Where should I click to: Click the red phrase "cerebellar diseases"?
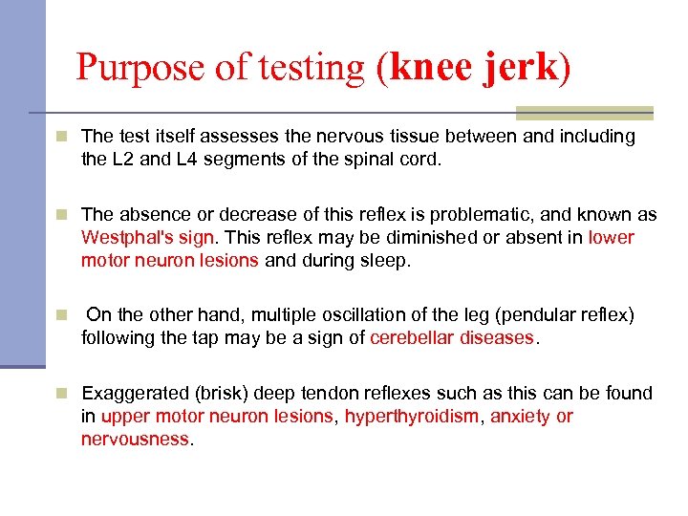[451, 337]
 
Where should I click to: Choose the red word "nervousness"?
[136, 440]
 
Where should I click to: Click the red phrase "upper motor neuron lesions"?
[217, 417]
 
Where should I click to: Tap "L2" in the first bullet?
[122, 160]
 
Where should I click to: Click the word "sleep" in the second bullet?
[385, 260]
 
